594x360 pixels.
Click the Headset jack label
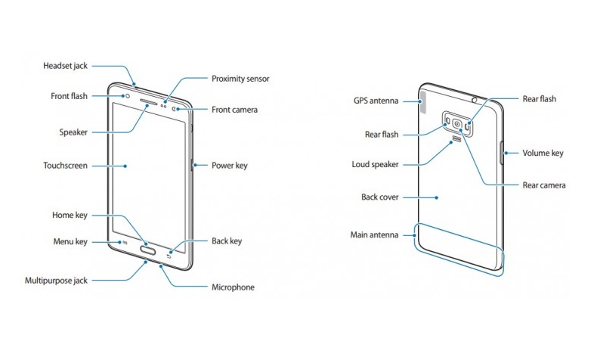[x=67, y=66]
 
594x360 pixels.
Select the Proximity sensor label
[x=240, y=79]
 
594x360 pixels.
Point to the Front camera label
[x=234, y=110]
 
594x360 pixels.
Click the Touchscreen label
[x=66, y=165]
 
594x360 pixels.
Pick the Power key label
[x=229, y=165]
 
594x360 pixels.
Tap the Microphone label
[x=233, y=287]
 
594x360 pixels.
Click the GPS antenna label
[x=376, y=100]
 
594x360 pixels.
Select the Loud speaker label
[x=375, y=164]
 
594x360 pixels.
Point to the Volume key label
[x=543, y=153]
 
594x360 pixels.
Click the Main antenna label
[x=374, y=234]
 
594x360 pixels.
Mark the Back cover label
[x=379, y=197]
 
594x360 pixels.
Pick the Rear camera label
[x=544, y=185]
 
